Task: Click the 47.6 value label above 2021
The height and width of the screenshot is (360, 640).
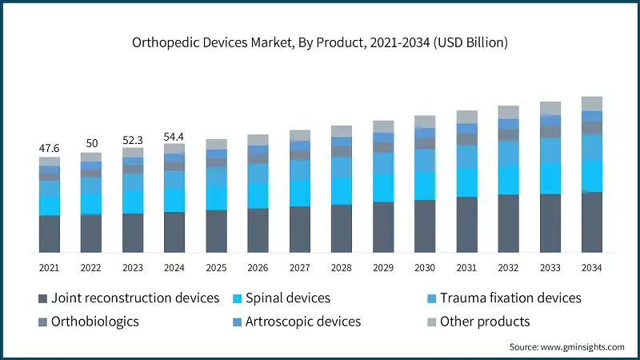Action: (x=49, y=148)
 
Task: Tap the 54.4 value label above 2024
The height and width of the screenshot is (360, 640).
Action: (x=174, y=137)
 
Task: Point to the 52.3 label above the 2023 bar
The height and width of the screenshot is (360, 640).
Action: (x=133, y=139)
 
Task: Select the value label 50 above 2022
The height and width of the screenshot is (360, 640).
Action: (x=90, y=144)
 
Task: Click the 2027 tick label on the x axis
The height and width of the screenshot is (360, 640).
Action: (x=299, y=267)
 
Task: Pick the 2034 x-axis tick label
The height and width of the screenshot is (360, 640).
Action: (x=591, y=267)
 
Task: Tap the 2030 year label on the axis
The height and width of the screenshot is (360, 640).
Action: (x=425, y=267)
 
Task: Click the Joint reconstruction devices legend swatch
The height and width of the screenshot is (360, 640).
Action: (x=42, y=298)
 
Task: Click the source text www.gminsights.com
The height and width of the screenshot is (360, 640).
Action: (x=566, y=346)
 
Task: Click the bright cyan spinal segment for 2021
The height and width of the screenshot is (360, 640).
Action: (x=49, y=206)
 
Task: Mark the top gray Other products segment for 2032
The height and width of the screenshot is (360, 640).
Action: (x=508, y=112)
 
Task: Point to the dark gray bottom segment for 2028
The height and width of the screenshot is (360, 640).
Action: (x=341, y=229)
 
